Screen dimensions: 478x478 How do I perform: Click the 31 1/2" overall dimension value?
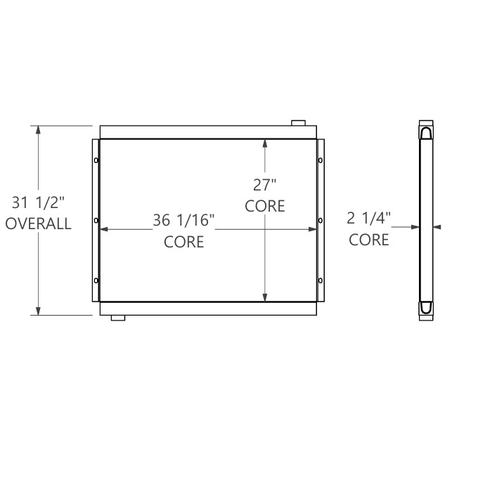(39, 203)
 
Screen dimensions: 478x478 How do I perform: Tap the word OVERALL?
(39, 224)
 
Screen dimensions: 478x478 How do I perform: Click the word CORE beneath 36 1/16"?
(183, 242)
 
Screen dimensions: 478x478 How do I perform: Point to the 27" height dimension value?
(265, 186)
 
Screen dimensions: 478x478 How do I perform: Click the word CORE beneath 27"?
(265, 206)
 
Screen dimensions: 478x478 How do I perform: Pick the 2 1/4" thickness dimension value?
(369, 219)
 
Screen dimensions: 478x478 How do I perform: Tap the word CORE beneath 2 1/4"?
(369, 240)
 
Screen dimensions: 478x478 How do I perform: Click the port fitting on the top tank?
(299, 123)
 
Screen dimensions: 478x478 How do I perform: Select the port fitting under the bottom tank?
(118, 318)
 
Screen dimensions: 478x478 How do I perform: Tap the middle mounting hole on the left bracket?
(96, 221)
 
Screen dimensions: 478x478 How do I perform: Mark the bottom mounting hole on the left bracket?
(96, 281)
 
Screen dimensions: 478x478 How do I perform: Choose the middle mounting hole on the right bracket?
(321, 221)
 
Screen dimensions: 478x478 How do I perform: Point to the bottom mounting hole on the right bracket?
(321, 281)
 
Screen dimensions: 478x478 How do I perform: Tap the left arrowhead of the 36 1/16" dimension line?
(103, 229)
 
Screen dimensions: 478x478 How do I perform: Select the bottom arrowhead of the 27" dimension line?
(265, 298)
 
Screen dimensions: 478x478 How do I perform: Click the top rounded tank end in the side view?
(427, 131)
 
